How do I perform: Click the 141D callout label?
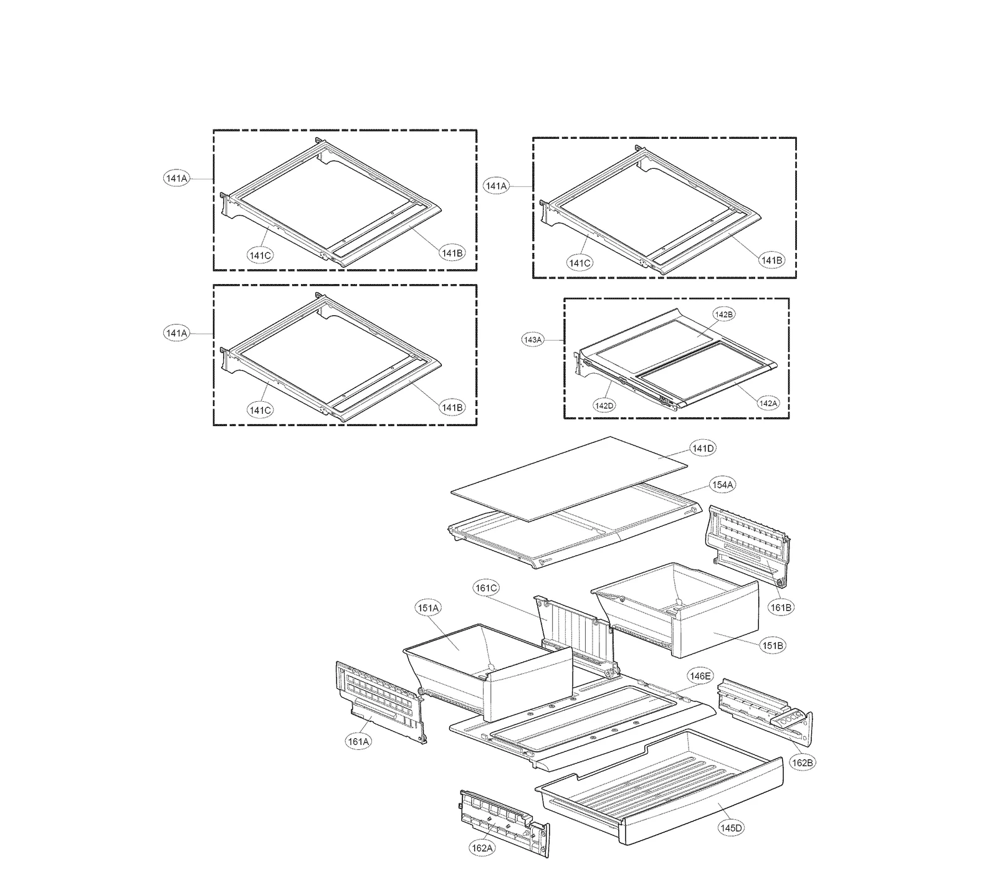pos(703,448)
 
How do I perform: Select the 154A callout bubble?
pos(722,485)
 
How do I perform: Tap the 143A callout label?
pos(533,339)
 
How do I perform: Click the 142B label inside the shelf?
pos(723,315)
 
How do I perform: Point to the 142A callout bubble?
pos(768,403)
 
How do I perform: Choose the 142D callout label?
pos(604,406)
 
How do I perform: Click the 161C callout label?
pos(486,588)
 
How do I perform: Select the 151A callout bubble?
pos(429,608)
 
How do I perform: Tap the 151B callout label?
pos(773,645)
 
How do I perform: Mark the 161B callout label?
pos(781,607)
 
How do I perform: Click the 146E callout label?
pos(700,676)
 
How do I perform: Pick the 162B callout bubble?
pos(803,762)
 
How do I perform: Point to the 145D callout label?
pos(731,828)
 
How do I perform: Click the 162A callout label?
pos(482,848)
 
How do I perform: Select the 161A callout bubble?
pos(359,741)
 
